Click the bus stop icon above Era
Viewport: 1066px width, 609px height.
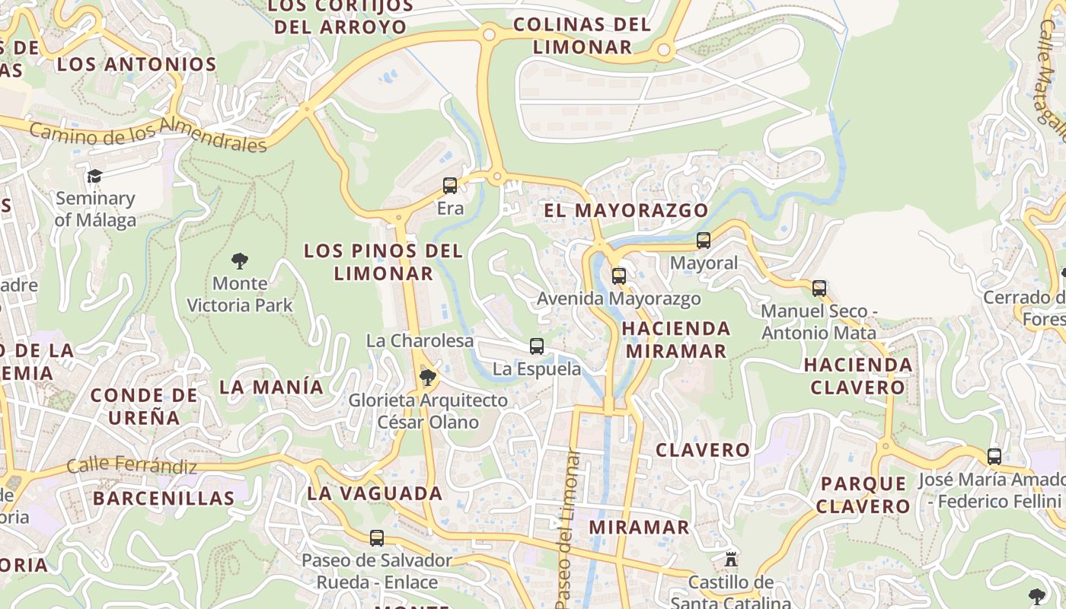coord(450,185)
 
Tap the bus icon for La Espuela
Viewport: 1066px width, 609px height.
coord(537,346)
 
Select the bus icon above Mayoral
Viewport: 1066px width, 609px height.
coord(704,241)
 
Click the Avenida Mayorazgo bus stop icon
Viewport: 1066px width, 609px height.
coord(619,276)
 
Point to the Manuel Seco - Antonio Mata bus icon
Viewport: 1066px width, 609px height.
coord(819,289)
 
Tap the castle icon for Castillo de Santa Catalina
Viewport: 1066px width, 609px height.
coord(731,560)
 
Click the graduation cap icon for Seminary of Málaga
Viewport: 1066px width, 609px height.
coord(94,177)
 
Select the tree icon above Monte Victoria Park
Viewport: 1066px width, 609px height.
coord(240,261)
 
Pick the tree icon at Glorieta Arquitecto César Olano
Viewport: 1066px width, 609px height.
coord(428,376)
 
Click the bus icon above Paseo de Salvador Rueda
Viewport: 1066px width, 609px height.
coord(377,538)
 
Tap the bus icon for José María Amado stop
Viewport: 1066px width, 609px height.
coord(994,457)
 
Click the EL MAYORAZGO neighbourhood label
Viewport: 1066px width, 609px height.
coord(626,210)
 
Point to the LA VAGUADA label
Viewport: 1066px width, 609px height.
coord(375,493)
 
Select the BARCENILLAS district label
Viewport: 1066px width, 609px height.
coord(164,499)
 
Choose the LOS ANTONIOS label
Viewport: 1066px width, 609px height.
coord(137,64)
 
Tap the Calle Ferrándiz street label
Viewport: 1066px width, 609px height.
coord(132,465)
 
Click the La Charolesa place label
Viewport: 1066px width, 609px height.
coord(420,341)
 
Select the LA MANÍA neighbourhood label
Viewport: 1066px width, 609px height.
coord(272,387)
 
